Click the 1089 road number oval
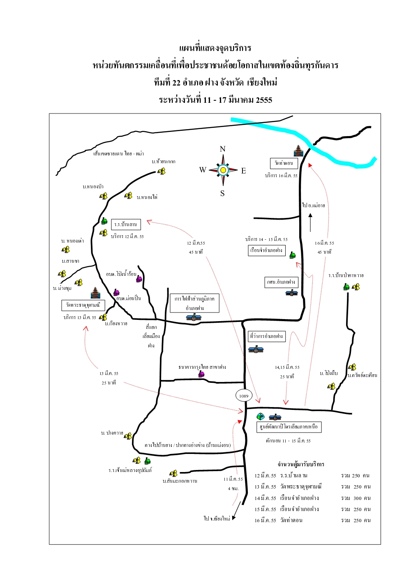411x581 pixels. (244, 396)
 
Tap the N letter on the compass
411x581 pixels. (222, 149)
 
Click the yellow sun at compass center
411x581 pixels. (223, 170)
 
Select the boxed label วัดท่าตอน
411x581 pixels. (284, 163)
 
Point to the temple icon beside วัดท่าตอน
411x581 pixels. (298, 150)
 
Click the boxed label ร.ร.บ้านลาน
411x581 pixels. (126, 224)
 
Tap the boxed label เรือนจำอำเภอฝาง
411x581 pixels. (266, 250)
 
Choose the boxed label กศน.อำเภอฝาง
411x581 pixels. (281, 282)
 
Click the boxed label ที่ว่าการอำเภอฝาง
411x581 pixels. (266, 336)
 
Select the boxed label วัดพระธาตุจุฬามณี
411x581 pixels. (83, 305)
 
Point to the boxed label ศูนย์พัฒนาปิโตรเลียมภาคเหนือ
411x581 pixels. (289, 427)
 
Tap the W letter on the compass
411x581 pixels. (203, 170)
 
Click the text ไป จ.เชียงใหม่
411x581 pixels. (217, 518)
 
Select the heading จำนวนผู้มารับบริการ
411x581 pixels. (301, 464)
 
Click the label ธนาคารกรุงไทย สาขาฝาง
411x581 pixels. (202, 367)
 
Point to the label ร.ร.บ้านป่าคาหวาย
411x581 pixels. (346, 275)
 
